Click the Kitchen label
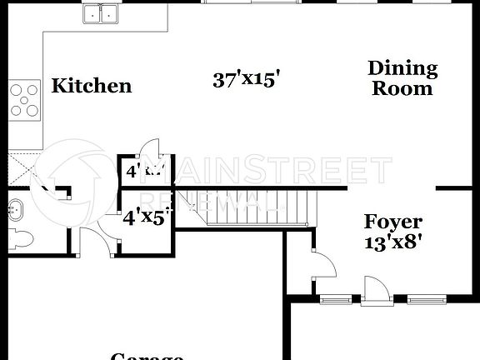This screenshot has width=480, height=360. tap(92, 86)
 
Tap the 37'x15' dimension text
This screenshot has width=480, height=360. tap(245, 80)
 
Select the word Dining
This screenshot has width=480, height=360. tap(402, 68)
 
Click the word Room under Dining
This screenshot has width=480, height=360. tap(402, 88)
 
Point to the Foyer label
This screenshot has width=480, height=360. tap(393, 222)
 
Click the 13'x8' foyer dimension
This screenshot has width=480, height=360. tap(393, 243)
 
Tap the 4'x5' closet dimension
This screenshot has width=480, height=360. tap(147, 218)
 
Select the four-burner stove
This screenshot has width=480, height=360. tap(25, 98)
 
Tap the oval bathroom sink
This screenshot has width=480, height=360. tap(15, 209)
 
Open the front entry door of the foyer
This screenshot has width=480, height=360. tap(375, 292)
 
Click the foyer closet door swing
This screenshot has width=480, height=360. tap(324, 267)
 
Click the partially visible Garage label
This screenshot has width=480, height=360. tap(147, 356)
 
